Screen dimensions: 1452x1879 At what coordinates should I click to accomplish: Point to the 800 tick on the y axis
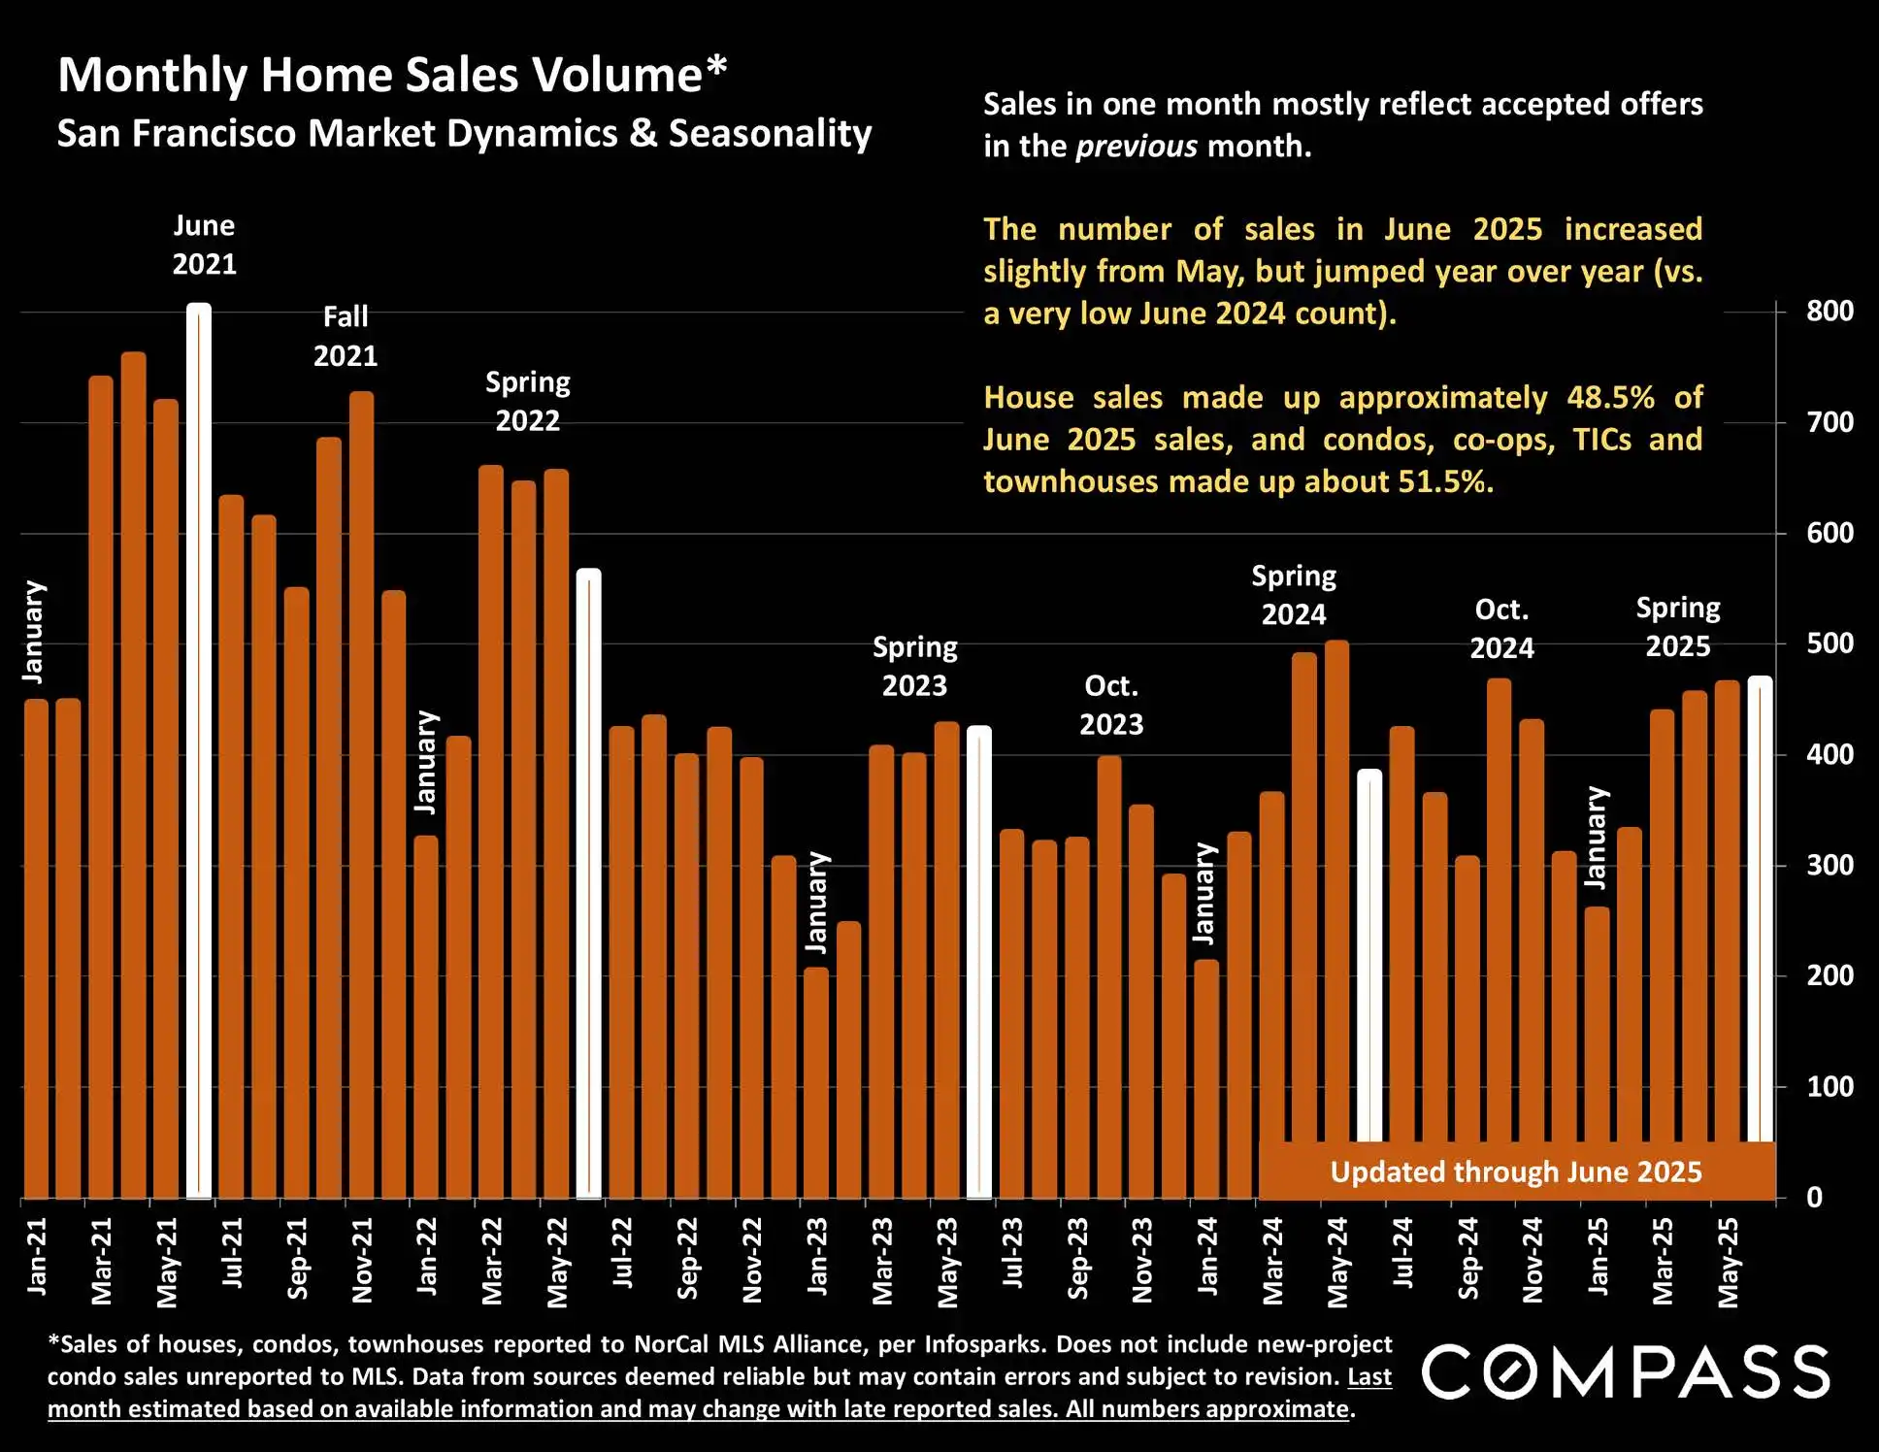pyautogui.click(x=1830, y=312)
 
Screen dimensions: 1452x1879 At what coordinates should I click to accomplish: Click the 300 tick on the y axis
pyautogui.click(x=1830, y=865)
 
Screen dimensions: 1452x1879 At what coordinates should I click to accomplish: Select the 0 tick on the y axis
pyautogui.click(x=1814, y=1198)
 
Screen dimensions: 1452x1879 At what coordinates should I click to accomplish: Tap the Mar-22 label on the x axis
pyautogui.click(x=492, y=1261)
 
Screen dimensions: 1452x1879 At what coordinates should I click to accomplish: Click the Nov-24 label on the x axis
pyautogui.click(x=1533, y=1261)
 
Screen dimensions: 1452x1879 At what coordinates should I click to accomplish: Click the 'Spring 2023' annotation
pyautogui.click(x=914, y=666)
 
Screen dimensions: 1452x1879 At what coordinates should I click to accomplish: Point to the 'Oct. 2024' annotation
pyautogui.click(x=1501, y=629)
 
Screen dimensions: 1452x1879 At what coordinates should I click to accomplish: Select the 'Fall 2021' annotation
pyautogui.click(x=346, y=336)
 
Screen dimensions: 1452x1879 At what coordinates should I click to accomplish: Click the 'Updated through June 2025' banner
pyautogui.click(x=1515, y=1171)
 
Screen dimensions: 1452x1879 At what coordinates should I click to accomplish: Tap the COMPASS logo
pyautogui.click(x=1626, y=1371)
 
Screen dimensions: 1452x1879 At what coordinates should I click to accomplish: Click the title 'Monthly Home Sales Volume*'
pyautogui.click(x=392, y=76)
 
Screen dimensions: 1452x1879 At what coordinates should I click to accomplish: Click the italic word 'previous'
pyautogui.click(x=1137, y=147)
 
